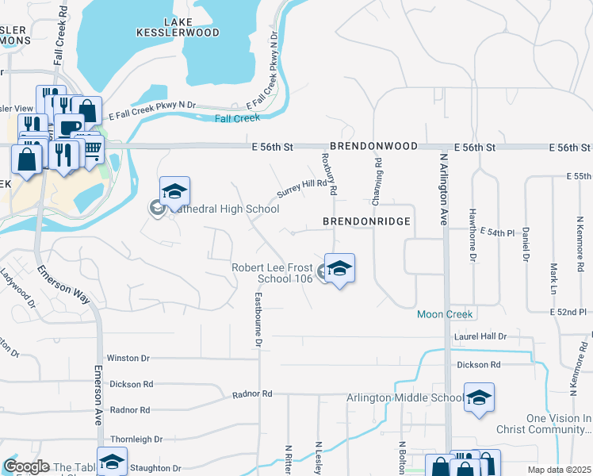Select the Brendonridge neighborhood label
(367, 221)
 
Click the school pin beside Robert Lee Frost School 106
(339, 269)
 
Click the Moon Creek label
(446, 315)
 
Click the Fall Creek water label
(237, 118)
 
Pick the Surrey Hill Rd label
(302, 189)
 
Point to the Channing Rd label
(378, 178)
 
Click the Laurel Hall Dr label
(480, 337)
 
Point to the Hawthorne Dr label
(472, 235)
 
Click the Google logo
(26, 466)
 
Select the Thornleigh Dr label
(136, 439)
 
